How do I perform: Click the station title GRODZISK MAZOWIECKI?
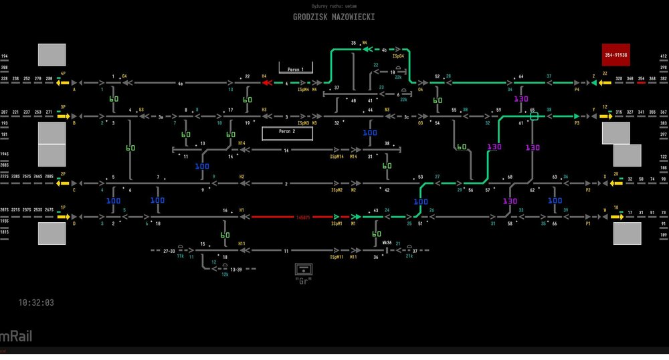pyautogui.click(x=334, y=17)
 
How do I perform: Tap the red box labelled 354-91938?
pyautogui.click(x=615, y=55)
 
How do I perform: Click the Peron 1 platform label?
pyautogui.click(x=295, y=69)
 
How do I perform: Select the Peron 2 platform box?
pyautogui.click(x=287, y=132)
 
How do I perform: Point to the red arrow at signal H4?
pyautogui.click(x=266, y=84)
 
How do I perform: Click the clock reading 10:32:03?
pyautogui.click(x=36, y=303)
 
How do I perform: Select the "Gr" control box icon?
pyautogui.click(x=304, y=269)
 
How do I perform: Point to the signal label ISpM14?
pyautogui.click(x=337, y=157)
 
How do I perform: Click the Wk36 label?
pyautogui.click(x=387, y=242)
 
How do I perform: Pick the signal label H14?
pyautogui.click(x=242, y=143)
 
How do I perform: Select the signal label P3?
pyautogui.click(x=577, y=124)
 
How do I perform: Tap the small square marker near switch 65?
pyautogui.click(x=534, y=116)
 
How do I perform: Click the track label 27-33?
pyautogui.click(x=170, y=250)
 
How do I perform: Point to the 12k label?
pyautogui.click(x=225, y=274)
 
